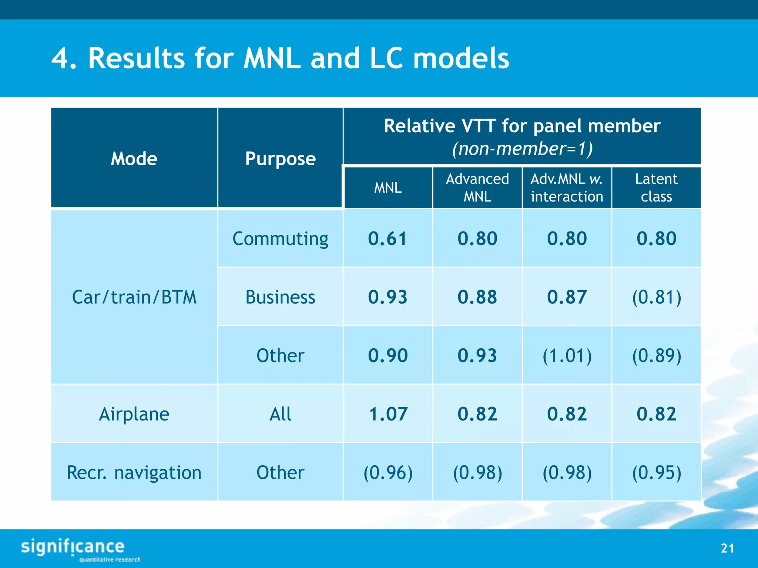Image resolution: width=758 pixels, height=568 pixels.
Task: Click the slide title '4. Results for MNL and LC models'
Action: pyautogui.click(x=280, y=58)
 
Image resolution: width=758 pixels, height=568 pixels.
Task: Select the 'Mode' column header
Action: pyautogui.click(x=134, y=159)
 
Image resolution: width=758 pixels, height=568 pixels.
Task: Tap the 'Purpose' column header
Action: pyautogui.click(x=280, y=159)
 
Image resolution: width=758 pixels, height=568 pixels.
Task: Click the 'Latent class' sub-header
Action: pyautogui.click(x=656, y=188)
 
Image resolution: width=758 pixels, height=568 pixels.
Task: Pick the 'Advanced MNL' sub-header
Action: pyautogui.click(x=477, y=188)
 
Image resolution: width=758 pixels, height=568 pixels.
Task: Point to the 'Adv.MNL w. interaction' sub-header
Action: pyautogui.click(x=567, y=188)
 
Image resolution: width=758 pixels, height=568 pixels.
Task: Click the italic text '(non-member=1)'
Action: pyautogui.click(x=522, y=149)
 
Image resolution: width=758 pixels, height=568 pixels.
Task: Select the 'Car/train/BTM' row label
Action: pyautogui.click(x=134, y=297)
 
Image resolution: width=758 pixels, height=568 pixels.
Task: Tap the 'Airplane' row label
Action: pyautogui.click(x=134, y=414)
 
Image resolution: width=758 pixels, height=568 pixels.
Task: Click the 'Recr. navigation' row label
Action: pyautogui.click(x=134, y=473)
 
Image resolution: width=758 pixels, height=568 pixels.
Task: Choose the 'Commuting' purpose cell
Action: pyautogui.click(x=280, y=239)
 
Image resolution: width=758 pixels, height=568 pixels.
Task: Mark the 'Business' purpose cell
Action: pyautogui.click(x=280, y=297)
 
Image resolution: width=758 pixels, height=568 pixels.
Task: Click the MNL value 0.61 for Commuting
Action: pyautogui.click(x=388, y=239)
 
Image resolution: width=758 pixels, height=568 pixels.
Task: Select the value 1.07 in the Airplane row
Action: pyautogui.click(x=388, y=414)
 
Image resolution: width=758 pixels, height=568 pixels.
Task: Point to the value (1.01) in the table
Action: pyautogui.click(x=567, y=356)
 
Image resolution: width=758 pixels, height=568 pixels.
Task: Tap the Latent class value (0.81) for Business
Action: pyautogui.click(x=656, y=297)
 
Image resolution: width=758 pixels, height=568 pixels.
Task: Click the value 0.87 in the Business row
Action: pyautogui.click(x=567, y=297)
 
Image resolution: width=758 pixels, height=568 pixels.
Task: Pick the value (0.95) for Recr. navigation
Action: pyautogui.click(x=656, y=473)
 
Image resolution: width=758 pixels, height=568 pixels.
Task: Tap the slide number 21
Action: pyautogui.click(x=727, y=548)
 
